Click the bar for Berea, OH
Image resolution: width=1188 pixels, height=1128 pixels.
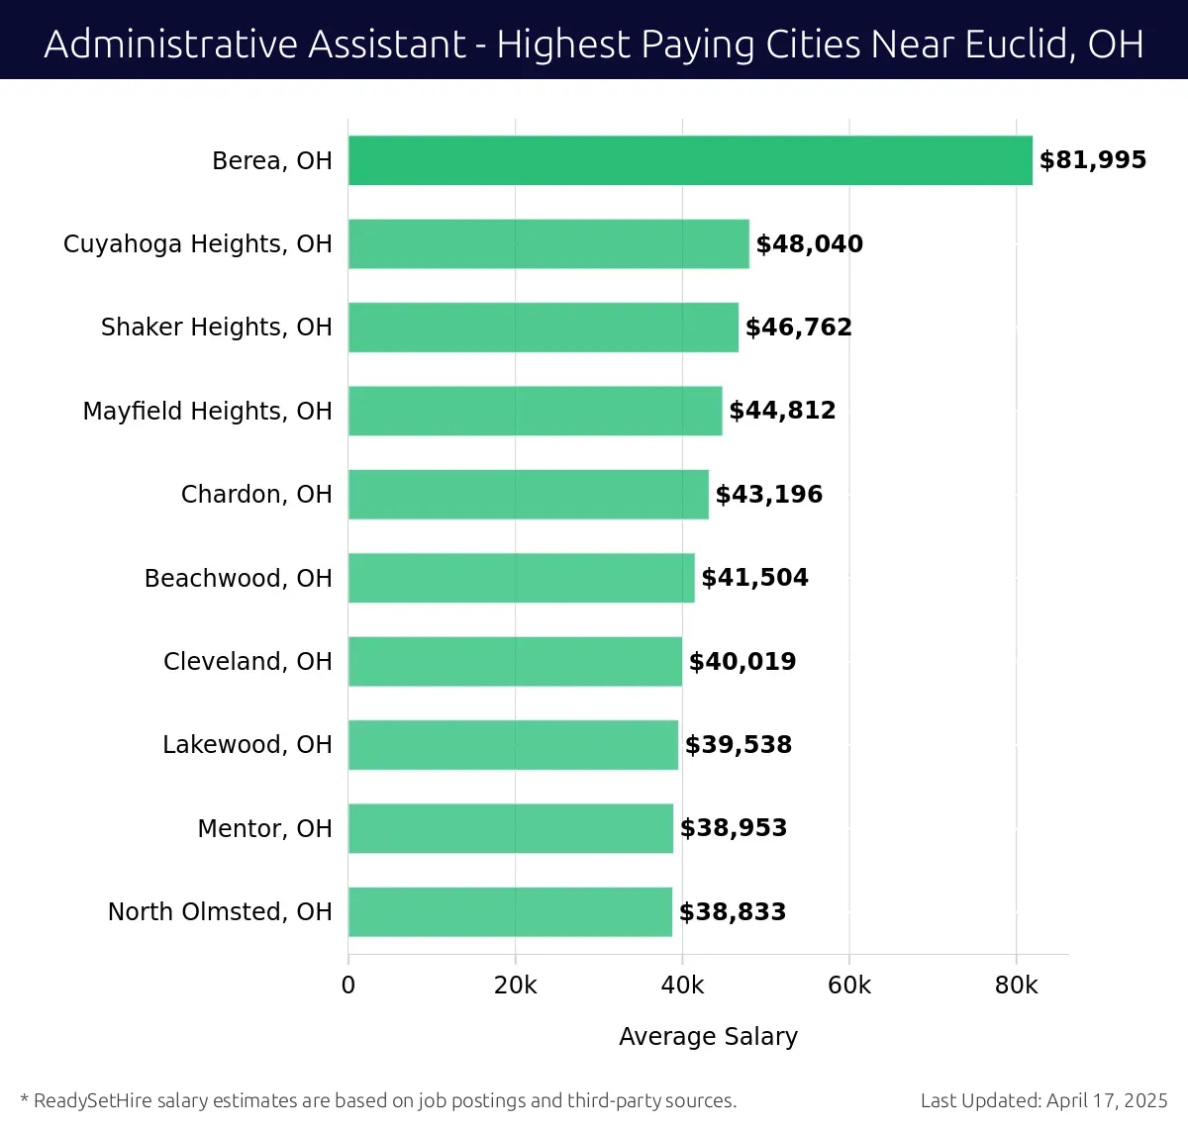click(x=690, y=160)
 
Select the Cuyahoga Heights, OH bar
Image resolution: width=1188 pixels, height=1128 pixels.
click(x=548, y=243)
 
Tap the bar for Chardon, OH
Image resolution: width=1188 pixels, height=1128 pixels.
click(x=529, y=494)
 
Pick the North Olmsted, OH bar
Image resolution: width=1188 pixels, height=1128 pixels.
click(x=510, y=911)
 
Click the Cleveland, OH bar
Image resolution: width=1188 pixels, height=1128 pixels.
click(x=515, y=661)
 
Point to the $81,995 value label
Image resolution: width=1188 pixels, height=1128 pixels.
click(x=1092, y=160)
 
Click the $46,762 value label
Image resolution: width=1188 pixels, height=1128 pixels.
click(x=798, y=328)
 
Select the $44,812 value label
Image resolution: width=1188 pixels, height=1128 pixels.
click(x=782, y=411)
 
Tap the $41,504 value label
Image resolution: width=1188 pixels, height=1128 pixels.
click(x=754, y=578)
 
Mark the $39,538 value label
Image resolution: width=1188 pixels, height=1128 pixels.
click(x=739, y=745)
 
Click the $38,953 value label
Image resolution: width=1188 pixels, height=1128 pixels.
click(x=733, y=828)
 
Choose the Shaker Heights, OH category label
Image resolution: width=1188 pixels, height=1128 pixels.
click(x=216, y=328)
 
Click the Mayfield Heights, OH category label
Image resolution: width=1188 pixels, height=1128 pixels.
click(x=207, y=411)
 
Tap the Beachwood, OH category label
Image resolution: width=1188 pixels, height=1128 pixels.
click(x=238, y=578)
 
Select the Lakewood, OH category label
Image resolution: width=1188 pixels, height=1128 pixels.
click(x=247, y=745)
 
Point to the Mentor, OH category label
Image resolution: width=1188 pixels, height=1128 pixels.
click(x=264, y=828)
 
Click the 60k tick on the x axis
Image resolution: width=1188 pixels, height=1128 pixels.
click(x=849, y=986)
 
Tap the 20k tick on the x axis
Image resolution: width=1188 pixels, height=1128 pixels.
click(x=515, y=986)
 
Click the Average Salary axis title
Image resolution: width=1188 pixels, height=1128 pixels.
click(x=708, y=1036)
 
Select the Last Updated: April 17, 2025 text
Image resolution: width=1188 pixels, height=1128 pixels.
click(x=1043, y=1100)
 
